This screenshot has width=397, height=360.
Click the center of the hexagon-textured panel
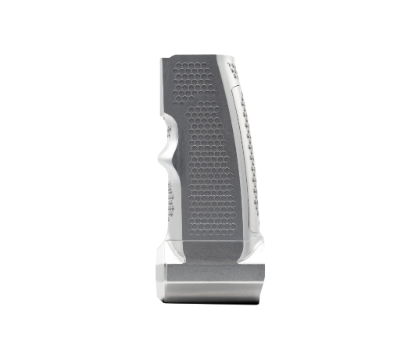click(205, 156)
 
